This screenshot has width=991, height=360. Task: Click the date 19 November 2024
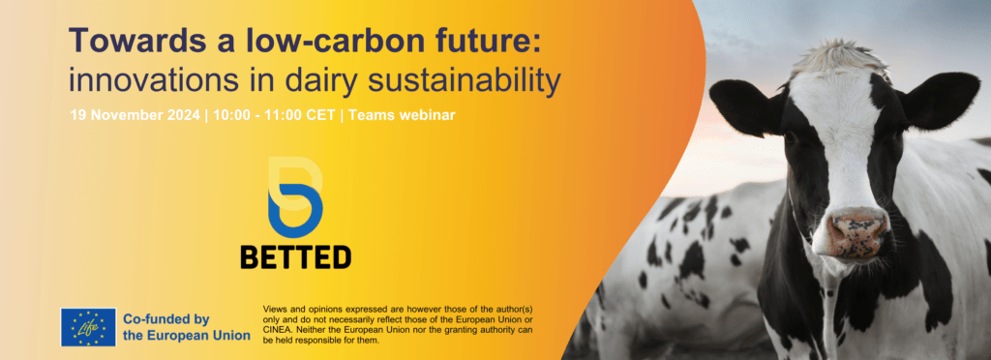(x=135, y=116)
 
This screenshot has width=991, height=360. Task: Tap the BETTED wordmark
(x=296, y=257)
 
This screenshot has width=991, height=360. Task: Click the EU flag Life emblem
(x=88, y=327)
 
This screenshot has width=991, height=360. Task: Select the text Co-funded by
(x=166, y=319)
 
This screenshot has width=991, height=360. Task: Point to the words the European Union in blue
(x=187, y=336)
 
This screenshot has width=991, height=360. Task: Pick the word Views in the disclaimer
(x=274, y=310)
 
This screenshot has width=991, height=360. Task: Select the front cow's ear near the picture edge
(x=942, y=98)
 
